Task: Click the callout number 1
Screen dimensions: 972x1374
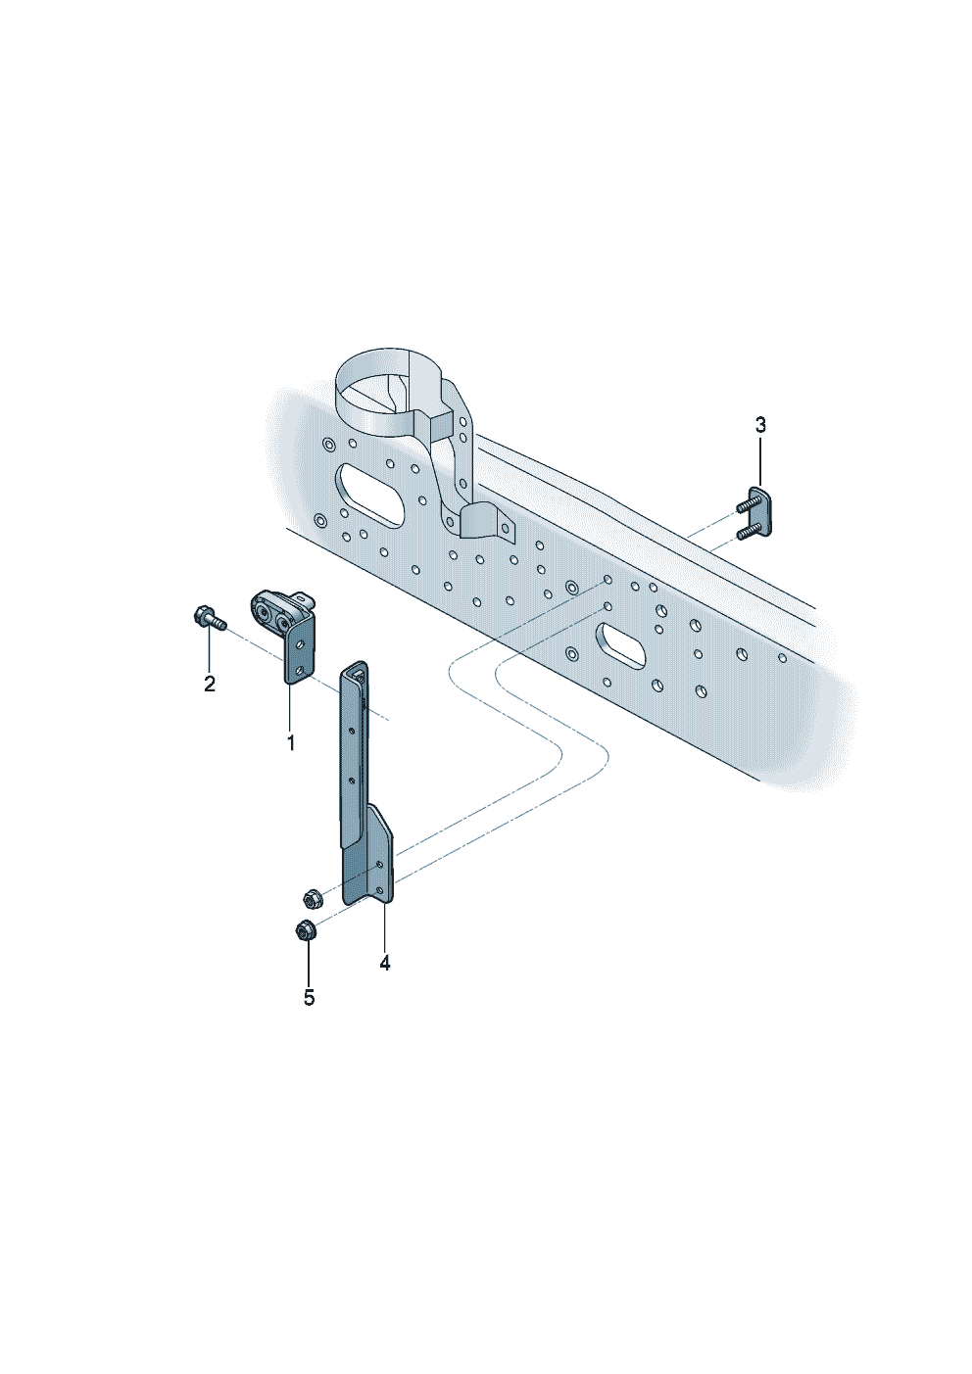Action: (291, 742)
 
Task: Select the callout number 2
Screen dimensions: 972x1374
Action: (210, 684)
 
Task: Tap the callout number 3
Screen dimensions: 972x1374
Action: (760, 424)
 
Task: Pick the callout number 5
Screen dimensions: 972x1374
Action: (310, 998)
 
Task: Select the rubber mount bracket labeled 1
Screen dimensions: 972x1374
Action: (286, 635)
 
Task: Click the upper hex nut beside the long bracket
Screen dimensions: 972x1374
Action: (311, 899)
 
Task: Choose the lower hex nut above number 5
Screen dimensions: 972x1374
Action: (305, 929)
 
